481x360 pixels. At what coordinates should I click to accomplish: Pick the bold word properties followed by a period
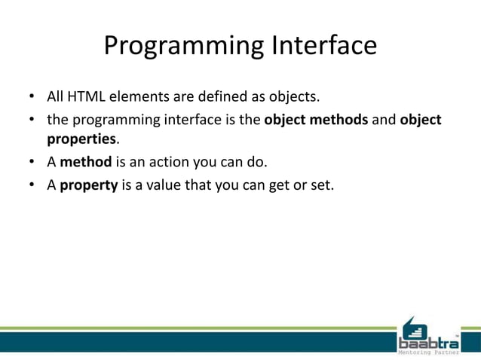[81, 139]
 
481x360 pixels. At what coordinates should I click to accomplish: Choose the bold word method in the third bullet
[86, 161]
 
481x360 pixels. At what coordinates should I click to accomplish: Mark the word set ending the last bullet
[320, 183]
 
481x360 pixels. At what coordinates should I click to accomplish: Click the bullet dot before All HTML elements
[32, 98]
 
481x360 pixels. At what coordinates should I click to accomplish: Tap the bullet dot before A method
[32, 162]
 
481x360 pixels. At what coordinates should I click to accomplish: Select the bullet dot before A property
[32, 184]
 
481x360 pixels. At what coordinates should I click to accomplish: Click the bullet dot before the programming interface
[32, 120]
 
